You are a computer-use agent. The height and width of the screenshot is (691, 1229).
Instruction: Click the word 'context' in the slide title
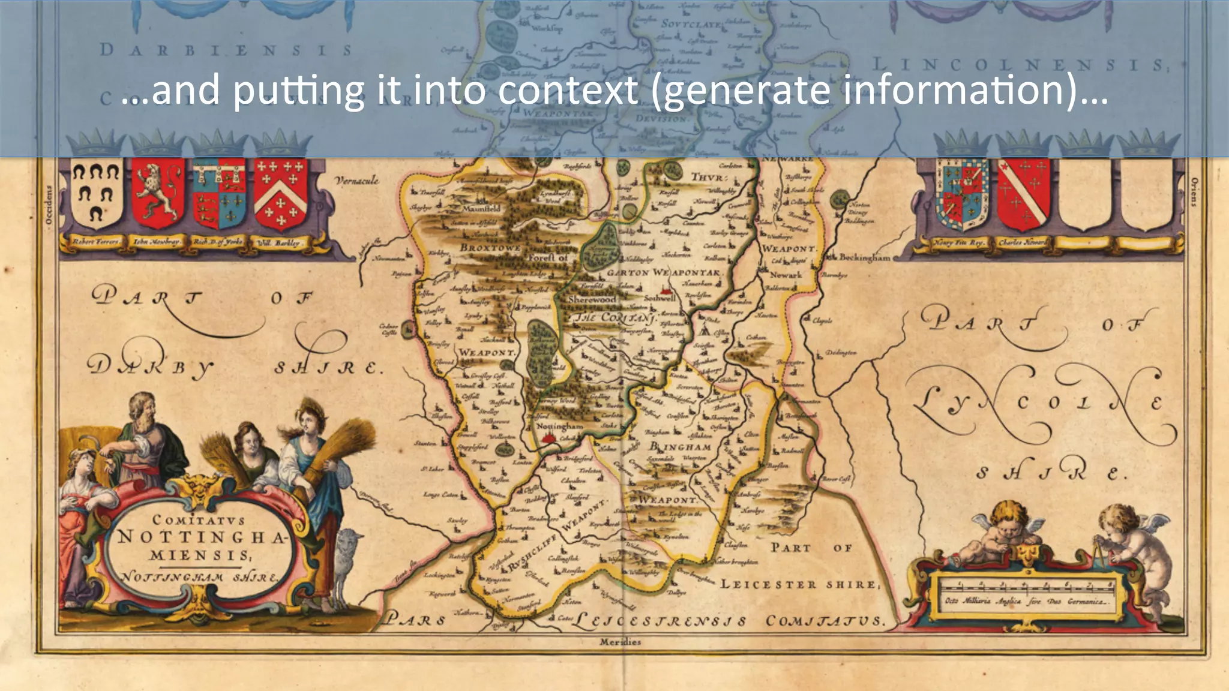[x=568, y=90]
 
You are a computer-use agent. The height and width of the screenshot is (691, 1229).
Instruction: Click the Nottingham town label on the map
[x=559, y=426]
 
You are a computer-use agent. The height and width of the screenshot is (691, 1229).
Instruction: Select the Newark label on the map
[x=785, y=275]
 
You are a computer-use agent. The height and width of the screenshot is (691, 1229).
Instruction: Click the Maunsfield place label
[x=481, y=209]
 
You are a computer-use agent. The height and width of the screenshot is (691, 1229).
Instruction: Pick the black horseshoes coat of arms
[x=96, y=193]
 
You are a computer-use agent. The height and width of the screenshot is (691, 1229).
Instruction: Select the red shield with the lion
[x=158, y=193]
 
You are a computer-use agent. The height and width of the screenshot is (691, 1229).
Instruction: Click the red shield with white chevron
[x=280, y=193]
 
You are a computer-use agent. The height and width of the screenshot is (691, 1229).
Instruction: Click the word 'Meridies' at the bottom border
[x=620, y=642]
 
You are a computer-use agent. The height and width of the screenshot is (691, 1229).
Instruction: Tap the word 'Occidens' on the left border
[x=50, y=205]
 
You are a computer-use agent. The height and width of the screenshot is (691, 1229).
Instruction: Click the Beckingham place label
[x=864, y=257]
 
